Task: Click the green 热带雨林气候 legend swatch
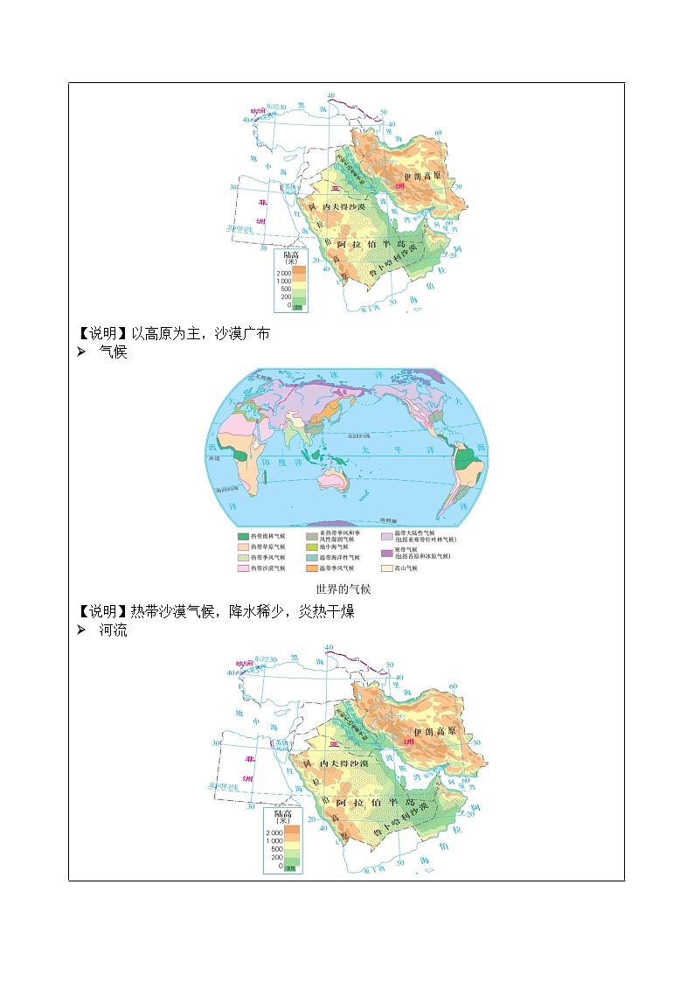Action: point(242,536)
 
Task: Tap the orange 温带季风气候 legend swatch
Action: point(311,568)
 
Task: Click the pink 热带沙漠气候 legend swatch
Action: point(242,568)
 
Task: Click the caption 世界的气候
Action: point(346,589)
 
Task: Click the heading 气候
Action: point(114,352)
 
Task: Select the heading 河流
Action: point(114,630)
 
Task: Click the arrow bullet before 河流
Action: point(81,630)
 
